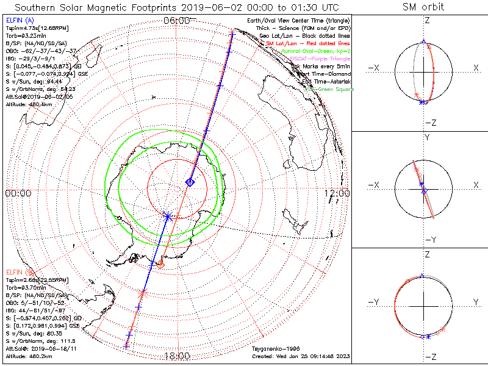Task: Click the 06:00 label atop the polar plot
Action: pyautogui.click(x=177, y=21)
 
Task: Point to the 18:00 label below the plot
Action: pyautogui.click(x=177, y=356)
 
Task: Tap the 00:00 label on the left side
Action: pyautogui.click(x=18, y=193)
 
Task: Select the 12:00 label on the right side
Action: pyautogui.click(x=337, y=193)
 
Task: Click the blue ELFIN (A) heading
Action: pyautogui.click(x=19, y=21)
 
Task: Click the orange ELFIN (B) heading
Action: pyautogui.click(x=19, y=271)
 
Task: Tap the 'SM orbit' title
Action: pyautogui.click(x=423, y=7)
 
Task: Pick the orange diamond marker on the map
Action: pyautogui.click(x=160, y=264)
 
